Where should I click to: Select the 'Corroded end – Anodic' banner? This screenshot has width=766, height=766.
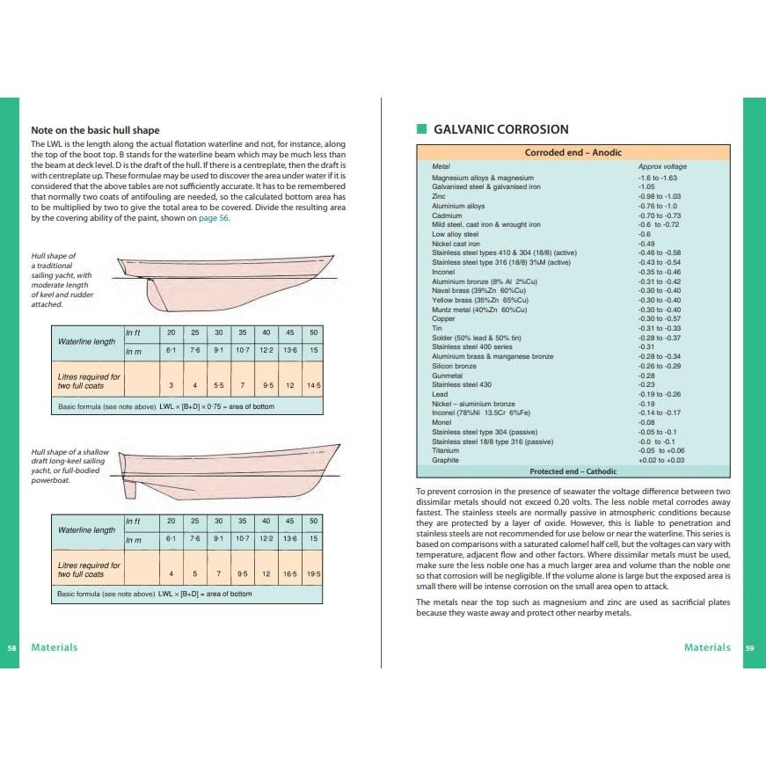pos(573,152)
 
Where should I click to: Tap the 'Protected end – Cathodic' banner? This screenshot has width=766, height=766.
pos(573,471)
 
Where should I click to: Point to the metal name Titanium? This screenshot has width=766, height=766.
pos(445,450)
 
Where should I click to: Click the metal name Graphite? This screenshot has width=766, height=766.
pos(445,460)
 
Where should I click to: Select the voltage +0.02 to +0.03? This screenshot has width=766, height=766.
pos(661,460)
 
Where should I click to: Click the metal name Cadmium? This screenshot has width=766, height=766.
pos(447,215)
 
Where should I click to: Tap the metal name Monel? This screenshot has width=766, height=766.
pos(441,422)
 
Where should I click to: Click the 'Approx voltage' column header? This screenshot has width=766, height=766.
pos(662,166)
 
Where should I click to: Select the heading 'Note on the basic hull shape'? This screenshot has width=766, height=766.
pos(95,130)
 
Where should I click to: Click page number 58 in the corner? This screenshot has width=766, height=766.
pos(11,648)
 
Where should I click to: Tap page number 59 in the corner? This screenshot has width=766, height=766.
pos(750,648)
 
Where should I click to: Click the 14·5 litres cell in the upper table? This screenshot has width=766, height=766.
pos(313,385)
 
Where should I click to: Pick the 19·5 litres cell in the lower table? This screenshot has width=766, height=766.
pos(313,573)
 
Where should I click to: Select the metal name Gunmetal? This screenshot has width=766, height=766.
pos(448,376)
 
